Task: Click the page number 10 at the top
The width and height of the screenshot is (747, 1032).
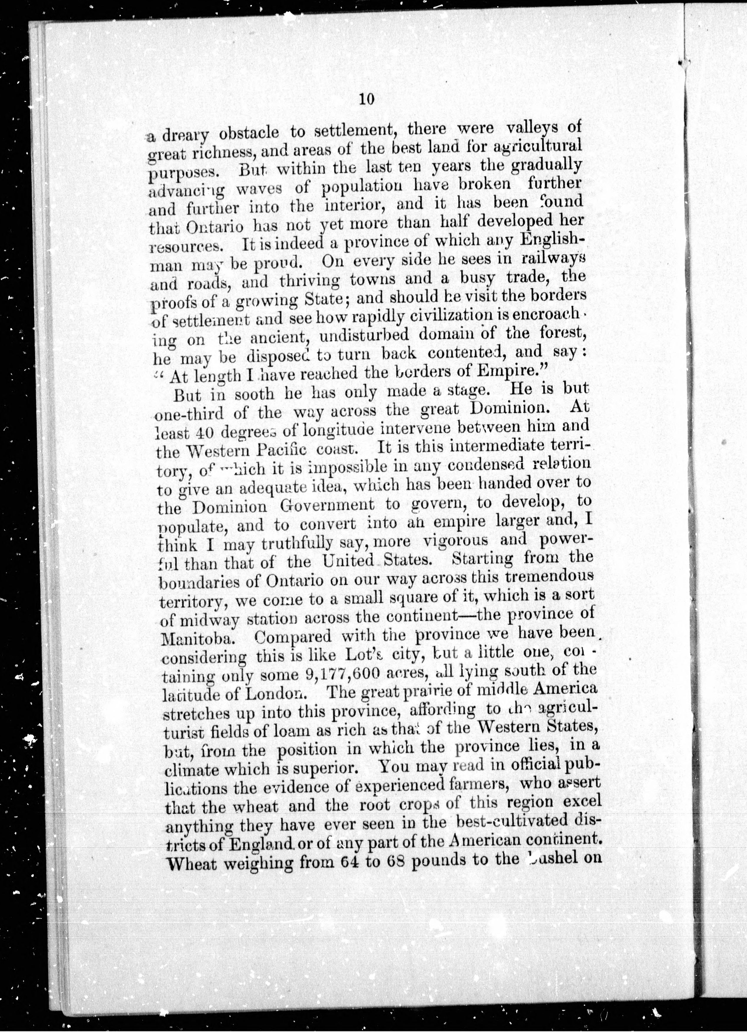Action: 366,100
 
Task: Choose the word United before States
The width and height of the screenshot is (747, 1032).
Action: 348,560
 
